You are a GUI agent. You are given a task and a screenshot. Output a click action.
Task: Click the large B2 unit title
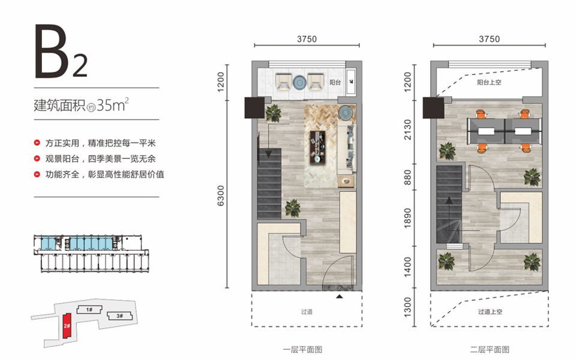pyautogui.click(x=61, y=52)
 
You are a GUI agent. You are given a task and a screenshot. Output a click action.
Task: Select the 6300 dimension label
pyautogui.click(x=220, y=196)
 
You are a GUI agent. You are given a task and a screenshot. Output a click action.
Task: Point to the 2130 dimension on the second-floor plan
pyautogui.click(x=408, y=130)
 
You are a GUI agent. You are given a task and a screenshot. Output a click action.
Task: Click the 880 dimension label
pyautogui.click(x=408, y=177)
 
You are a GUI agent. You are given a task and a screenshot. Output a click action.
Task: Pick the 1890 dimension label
pyautogui.click(x=408, y=218)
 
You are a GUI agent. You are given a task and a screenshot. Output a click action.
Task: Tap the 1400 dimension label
pyautogui.click(x=408, y=267)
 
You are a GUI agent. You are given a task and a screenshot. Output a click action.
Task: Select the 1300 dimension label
pyautogui.click(x=408, y=308)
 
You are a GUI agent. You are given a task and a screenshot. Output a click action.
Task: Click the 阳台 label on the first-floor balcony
pyautogui.click(x=335, y=82)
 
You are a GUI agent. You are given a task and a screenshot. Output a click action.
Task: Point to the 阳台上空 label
pyautogui.click(x=489, y=82)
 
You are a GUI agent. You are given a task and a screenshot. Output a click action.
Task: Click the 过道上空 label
pyautogui.click(x=490, y=311)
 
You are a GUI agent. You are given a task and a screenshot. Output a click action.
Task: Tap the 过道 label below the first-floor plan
pyautogui.click(x=307, y=311)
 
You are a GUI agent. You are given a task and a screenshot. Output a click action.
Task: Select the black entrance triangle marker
pyautogui.click(x=340, y=296)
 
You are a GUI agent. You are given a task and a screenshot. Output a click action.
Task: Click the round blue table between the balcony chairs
pyautogui.click(x=300, y=82)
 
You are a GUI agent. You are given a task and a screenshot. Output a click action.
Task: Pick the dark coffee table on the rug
pyautogui.click(x=318, y=147)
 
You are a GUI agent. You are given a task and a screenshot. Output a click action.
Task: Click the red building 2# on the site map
pyautogui.click(x=67, y=326)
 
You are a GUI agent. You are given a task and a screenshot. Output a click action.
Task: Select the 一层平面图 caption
pyautogui.click(x=302, y=349)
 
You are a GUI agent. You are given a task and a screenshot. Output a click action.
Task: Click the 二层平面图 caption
pyautogui.click(x=490, y=349)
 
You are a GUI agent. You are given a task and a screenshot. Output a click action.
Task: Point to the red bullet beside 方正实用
pyautogui.click(x=37, y=143)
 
